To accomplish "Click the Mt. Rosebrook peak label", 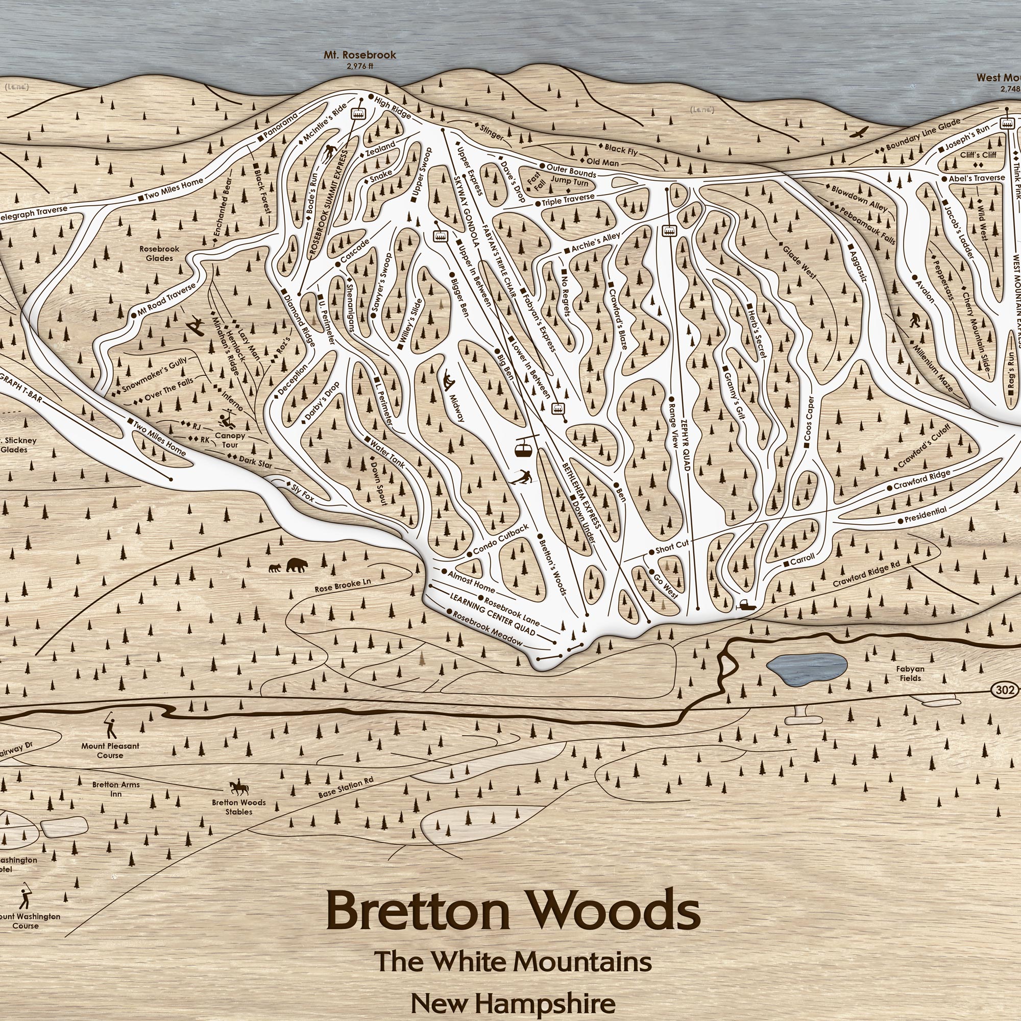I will pyautogui.click(x=360, y=56).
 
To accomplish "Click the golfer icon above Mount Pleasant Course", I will pyautogui.click(x=110, y=726).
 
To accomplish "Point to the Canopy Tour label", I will pyautogui.click(x=230, y=440).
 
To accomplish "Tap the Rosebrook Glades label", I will pyautogui.click(x=159, y=253).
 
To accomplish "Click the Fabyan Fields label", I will pyautogui.click(x=910, y=673).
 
